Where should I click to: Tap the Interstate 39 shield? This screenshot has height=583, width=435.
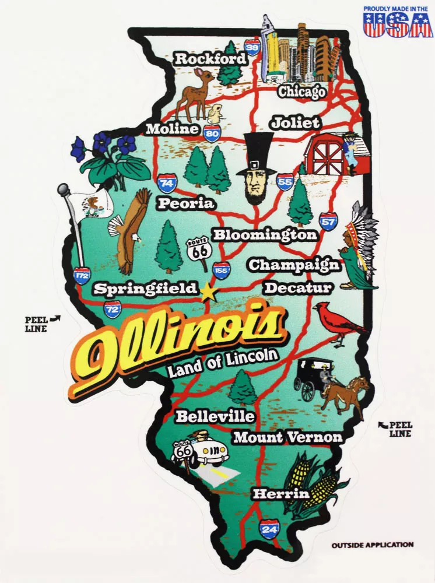pos(252,47)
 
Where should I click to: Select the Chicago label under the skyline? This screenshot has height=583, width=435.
pos(301,92)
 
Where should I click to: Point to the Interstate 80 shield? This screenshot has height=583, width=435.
pos(212,133)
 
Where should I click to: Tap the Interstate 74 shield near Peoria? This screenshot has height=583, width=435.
pos(167,183)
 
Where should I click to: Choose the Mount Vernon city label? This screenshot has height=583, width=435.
pos(287,437)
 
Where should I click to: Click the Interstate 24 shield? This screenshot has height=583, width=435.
pos(268,529)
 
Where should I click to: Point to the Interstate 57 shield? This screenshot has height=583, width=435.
pos(328,221)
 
